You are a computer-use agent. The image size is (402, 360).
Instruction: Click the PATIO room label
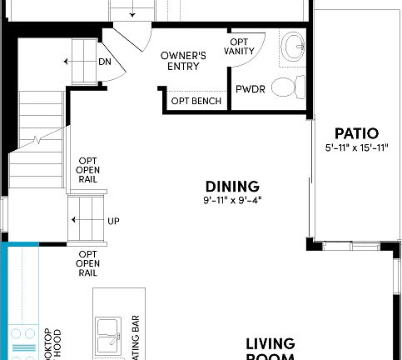click(356, 133)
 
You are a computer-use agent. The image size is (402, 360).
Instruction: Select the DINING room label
click(232, 187)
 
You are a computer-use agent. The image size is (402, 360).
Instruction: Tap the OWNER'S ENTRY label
click(183, 61)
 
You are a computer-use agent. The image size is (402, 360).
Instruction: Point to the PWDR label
click(250, 89)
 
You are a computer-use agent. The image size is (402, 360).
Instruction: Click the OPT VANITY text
click(240, 46)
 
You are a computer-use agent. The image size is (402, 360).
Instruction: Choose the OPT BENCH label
click(196, 101)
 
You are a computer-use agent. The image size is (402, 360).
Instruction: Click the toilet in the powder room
click(286, 86)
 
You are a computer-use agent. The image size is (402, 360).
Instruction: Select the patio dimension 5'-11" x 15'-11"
click(357, 148)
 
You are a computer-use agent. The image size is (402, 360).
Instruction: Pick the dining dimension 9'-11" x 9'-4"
click(232, 201)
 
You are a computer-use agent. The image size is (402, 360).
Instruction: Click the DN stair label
click(105, 62)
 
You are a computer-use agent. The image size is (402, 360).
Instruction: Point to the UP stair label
click(114, 221)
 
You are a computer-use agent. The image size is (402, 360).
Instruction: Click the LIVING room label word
click(270, 343)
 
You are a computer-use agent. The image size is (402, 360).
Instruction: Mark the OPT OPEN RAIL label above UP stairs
click(88, 170)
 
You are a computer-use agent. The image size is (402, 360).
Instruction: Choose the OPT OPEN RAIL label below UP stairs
click(88, 262)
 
